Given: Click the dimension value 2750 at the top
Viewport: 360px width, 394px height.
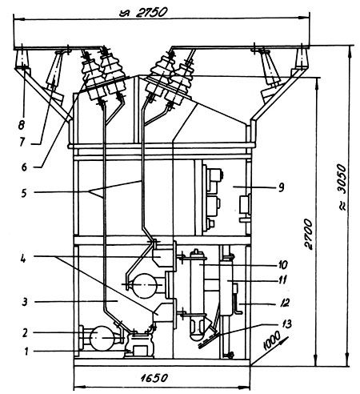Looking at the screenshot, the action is coord(151,12).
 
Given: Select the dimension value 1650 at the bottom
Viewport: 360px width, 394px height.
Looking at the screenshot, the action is coord(154,378).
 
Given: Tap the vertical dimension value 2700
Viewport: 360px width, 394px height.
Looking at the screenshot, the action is coord(308,234).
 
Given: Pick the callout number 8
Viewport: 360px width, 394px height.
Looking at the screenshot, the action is coord(22,125).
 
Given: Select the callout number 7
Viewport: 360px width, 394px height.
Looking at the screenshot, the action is coord(22,142).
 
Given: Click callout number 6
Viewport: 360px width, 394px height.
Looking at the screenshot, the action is coord(24,167).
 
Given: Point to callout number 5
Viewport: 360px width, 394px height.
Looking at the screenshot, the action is coord(24,193).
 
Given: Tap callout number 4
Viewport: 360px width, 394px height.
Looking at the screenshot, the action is coord(23,258).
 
